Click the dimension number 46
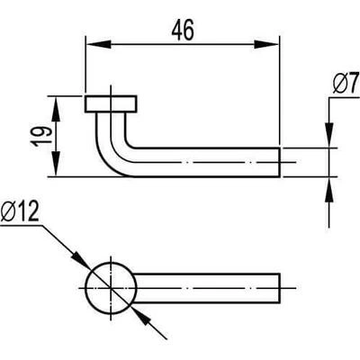click(x=183, y=30)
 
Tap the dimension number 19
click(x=41, y=136)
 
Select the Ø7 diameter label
click(x=346, y=83)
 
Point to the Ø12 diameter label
click(x=20, y=211)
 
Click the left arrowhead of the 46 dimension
click(x=99, y=44)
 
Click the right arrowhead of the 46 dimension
click(x=266, y=44)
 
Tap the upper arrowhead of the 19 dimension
click(x=56, y=109)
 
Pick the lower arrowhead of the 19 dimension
click(x=56, y=164)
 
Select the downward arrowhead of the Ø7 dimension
click(x=329, y=135)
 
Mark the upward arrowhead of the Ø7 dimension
click(x=329, y=190)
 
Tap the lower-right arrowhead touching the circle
click(x=140, y=316)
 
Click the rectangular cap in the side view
click(x=111, y=104)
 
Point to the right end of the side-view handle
click(x=280, y=162)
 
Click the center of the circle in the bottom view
click(x=111, y=288)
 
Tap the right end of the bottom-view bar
click(x=280, y=288)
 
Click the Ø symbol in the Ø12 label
click(x=8, y=211)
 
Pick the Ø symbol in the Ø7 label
click(x=341, y=83)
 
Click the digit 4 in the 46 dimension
click(x=177, y=30)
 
